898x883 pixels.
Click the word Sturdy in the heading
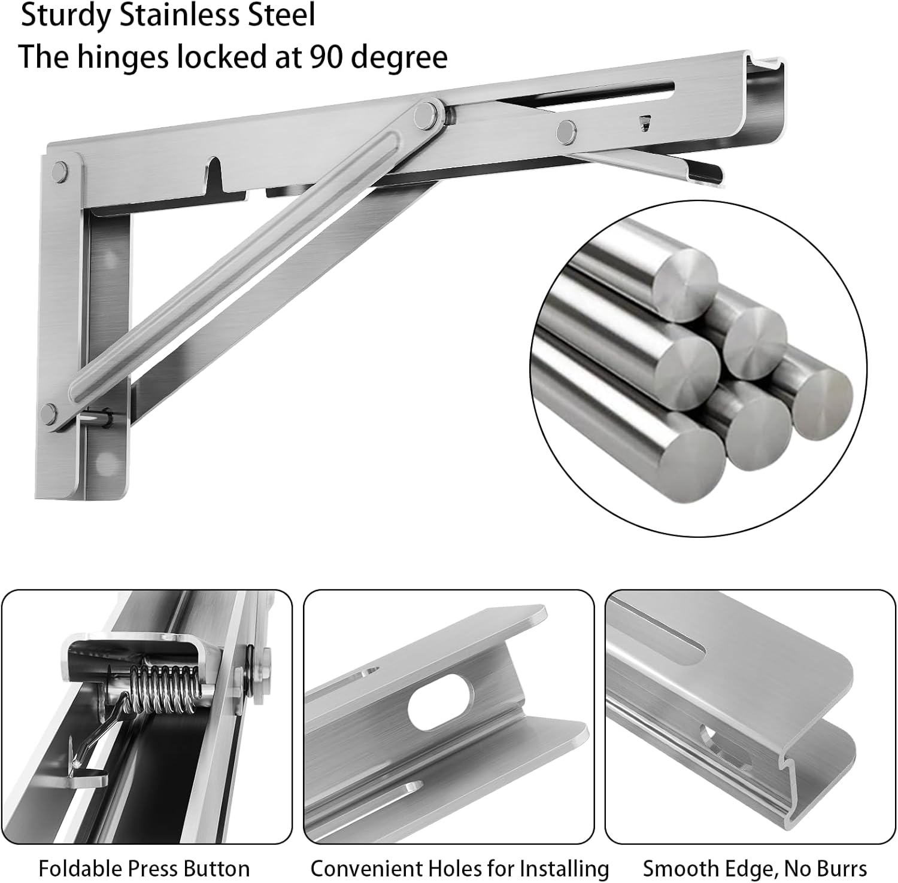[x=66, y=16]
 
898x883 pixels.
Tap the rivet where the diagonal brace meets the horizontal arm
[x=427, y=111]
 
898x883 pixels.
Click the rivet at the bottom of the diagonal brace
[x=50, y=413]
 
